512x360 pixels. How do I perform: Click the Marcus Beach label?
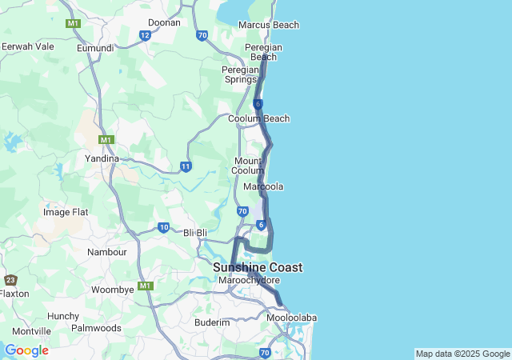tap(269, 25)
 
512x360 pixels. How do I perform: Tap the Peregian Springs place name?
tap(240, 74)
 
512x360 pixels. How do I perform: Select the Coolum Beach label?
tap(258, 118)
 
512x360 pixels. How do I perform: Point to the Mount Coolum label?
tap(247, 166)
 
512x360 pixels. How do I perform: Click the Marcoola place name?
tap(263, 186)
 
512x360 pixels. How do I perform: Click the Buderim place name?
tap(213, 322)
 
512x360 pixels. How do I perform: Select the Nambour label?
tap(106, 251)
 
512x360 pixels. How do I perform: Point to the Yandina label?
tap(102, 158)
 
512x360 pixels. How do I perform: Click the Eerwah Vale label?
tap(28, 46)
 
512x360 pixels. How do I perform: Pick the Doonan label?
tap(165, 22)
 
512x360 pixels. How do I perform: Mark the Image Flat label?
tap(66, 212)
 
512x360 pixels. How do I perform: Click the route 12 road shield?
tap(145, 35)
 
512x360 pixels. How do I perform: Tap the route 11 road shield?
tap(186, 166)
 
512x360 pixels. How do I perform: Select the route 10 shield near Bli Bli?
tap(163, 228)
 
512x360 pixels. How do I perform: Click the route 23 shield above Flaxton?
tap(10, 280)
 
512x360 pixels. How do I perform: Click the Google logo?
tap(26, 350)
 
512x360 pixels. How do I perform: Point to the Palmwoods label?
tap(96, 328)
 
